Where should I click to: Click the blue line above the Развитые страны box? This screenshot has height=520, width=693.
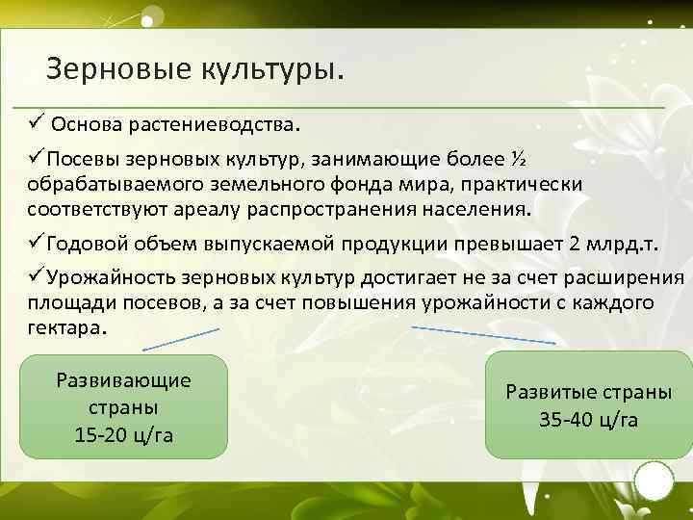pyautogui.click(x=484, y=333)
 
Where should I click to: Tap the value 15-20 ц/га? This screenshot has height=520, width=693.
pyautogui.click(x=123, y=434)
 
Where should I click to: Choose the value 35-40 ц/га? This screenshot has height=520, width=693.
pyautogui.click(x=589, y=421)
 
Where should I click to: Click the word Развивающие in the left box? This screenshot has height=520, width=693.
pyautogui.click(x=123, y=379)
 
